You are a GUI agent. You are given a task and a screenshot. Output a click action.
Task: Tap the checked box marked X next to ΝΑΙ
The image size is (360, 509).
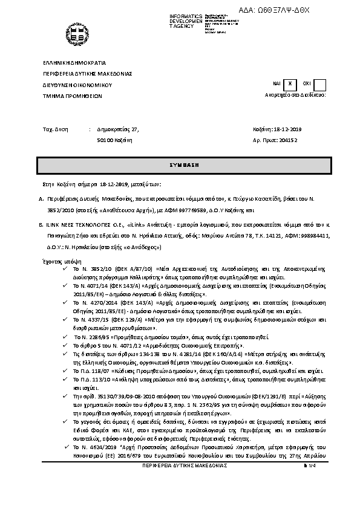(x=290, y=85)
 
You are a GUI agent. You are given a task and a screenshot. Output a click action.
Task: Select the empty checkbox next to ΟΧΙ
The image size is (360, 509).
(x=320, y=85)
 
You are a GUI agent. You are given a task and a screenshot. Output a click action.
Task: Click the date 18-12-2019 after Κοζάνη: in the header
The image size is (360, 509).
(x=289, y=129)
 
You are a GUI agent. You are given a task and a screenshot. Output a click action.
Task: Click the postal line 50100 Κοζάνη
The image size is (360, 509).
(x=114, y=140)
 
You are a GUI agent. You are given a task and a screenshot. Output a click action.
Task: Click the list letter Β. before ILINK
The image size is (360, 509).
(x=40, y=223)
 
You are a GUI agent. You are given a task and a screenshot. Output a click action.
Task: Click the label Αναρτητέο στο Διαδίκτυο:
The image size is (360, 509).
(x=296, y=96)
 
